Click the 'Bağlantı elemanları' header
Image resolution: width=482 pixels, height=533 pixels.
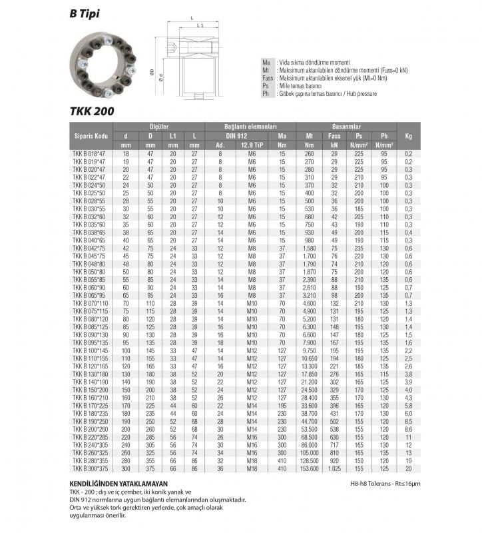point(250,126)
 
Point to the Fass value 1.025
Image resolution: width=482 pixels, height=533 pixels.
point(334,469)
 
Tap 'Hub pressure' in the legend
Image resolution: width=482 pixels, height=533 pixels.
point(360,94)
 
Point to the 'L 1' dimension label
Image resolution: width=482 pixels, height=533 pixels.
point(200,25)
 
